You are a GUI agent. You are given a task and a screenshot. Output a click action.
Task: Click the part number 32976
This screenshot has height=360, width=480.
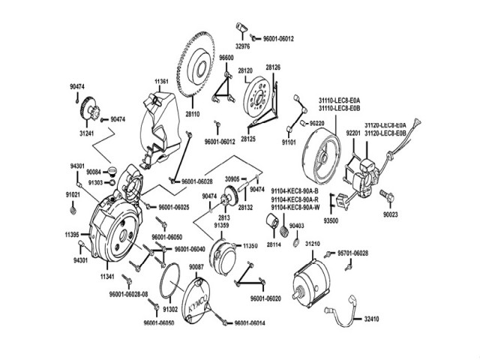pos(241,46)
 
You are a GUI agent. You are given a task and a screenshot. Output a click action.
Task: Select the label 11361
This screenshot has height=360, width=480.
pos(163,80)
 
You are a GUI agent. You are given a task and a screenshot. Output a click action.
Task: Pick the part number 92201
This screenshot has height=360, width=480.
pos(354,133)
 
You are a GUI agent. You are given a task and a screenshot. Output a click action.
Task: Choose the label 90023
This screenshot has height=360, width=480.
pos(391,214)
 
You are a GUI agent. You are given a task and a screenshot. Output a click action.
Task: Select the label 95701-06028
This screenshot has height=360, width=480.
pos(353,253)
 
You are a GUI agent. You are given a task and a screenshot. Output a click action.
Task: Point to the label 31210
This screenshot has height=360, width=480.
pos(314,244)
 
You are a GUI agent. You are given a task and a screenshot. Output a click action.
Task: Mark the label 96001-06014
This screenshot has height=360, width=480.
pos(250,323)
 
